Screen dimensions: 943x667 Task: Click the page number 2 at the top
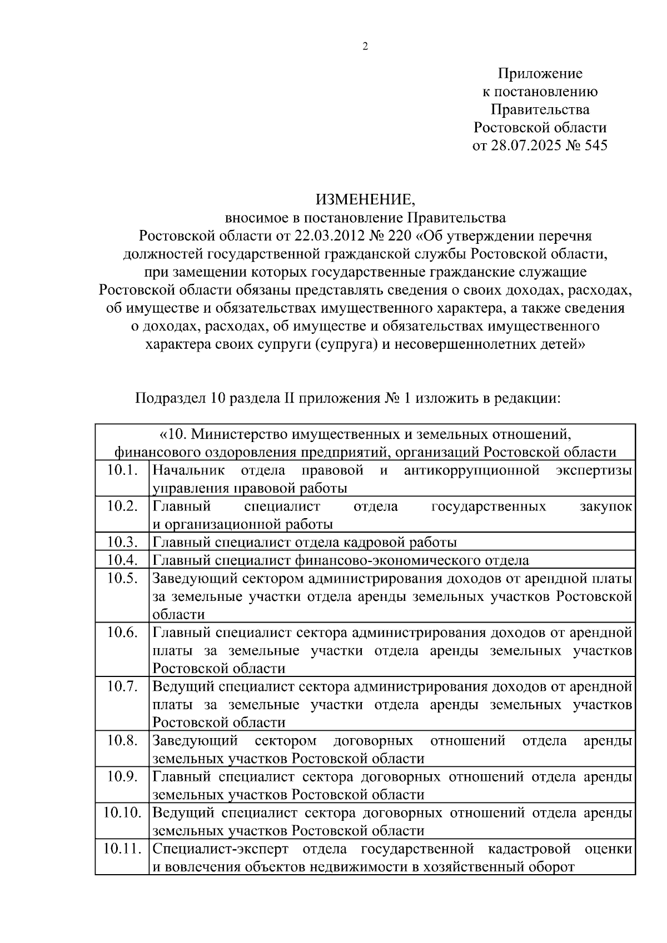click(365, 47)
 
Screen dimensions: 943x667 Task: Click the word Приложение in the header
click(540, 73)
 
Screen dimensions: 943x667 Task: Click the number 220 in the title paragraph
click(397, 235)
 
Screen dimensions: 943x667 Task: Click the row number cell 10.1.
click(122, 470)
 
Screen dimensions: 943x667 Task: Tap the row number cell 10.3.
click(122, 542)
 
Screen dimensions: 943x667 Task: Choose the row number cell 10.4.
click(122, 560)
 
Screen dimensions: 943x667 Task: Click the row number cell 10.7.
click(122, 686)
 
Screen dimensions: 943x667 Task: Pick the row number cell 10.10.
click(122, 812)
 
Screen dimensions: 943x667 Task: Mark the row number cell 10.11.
click(122, 849)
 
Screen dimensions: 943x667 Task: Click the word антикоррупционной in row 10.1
click(472, 471)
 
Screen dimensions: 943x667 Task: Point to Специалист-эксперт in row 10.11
click(221, 849)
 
